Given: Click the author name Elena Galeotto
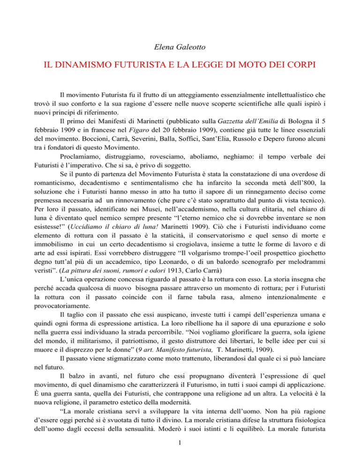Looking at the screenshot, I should click(x=180, y=46).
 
